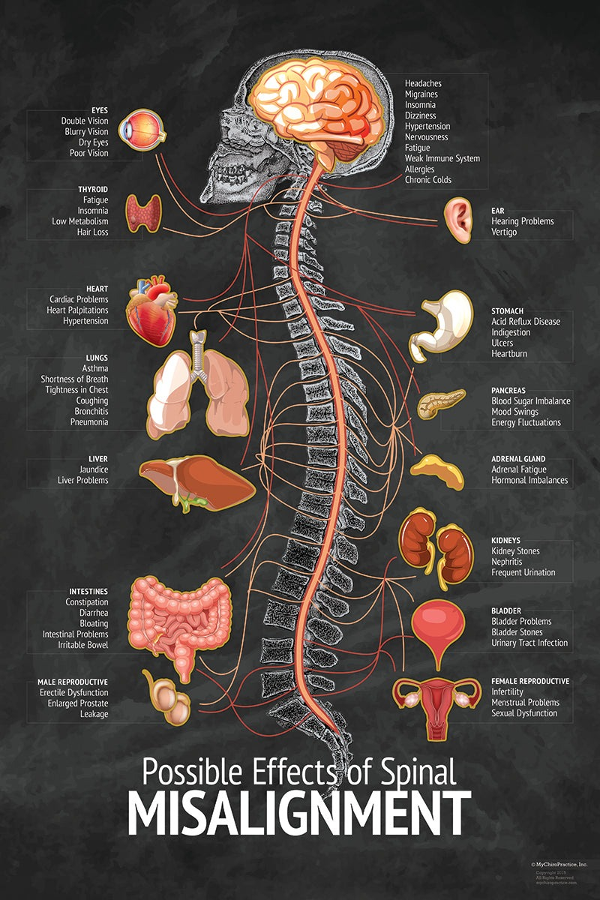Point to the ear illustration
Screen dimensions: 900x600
tap(457, 217)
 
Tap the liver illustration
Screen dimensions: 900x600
tap(197, 482)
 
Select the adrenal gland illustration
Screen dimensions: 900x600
tap(437, 471)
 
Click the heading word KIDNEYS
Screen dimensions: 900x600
tap(505, 540)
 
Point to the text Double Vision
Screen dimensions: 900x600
tap(85, 121)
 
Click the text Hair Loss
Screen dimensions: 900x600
tap(91, 232)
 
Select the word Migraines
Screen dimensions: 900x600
tap(421, 94)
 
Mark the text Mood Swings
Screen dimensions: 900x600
tap(516, 412)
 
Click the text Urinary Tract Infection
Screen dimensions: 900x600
tap(529, 643)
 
